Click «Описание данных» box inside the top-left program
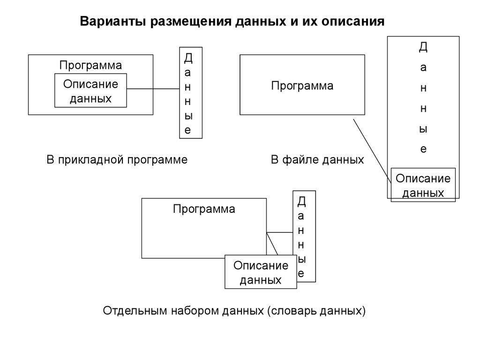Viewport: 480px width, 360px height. pos(90,91)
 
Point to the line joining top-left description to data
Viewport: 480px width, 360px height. pos(153,89)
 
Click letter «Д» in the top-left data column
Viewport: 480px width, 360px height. pos(188,58)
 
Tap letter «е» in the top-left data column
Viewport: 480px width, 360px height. pos(187,130)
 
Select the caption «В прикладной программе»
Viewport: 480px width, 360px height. pos(117,160)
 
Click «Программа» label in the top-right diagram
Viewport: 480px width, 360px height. pos(302,86)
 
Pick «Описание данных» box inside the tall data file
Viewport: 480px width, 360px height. pos(423,185)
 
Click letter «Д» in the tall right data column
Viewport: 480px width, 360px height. pos(423,47)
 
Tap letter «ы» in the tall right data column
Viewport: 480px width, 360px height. pos(423,129)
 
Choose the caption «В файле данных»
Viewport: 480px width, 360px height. pos(317,160)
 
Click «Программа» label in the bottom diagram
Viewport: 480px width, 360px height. pos(204,209)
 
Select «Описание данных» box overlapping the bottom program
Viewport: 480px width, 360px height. pos(261,272)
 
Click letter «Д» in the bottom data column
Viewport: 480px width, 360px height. pos(301,202)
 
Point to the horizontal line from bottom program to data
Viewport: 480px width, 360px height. pos(279,233)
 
